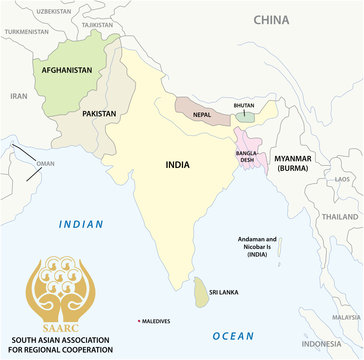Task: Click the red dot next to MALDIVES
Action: pos(139,321)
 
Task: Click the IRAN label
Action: pos(19,96)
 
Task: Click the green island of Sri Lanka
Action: pos(202,291)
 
